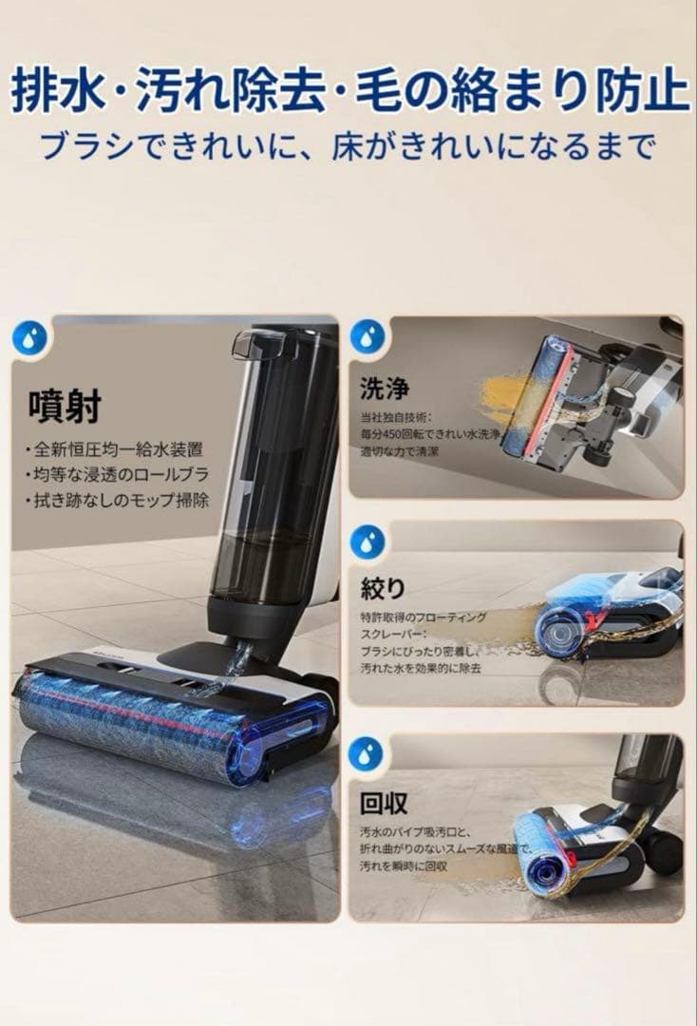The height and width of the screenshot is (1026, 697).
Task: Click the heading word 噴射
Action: [x=64, y=406]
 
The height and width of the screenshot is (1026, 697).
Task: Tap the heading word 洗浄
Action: [x=384, y=388]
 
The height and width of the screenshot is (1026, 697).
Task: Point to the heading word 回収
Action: [x=384, y=804]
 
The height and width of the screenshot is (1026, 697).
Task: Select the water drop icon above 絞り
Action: [x=367, y=541]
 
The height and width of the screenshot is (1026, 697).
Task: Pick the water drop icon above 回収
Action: [x=367, y=753]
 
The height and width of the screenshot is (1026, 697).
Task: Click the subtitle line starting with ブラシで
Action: [x=348, y=145]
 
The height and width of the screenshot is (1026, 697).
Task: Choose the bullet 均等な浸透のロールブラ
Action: [x=118, y=474]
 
